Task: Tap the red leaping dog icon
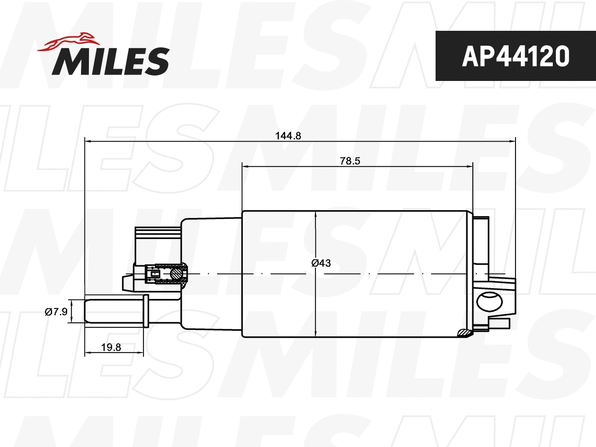pos(70,42)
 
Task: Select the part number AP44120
pos(515,57)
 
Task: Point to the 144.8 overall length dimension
pos(289,135)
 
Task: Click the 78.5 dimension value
pos(349,161)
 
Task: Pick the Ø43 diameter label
pos(321,263)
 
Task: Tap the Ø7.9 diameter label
pos(56,312)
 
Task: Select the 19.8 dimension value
pos(111,347)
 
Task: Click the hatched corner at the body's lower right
pos(464,333)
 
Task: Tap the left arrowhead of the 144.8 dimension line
pos(88,142)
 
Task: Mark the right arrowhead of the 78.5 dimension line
pos(470,167)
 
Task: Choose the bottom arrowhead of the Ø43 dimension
pos(316,334)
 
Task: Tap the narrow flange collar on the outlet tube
pos(146,311)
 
